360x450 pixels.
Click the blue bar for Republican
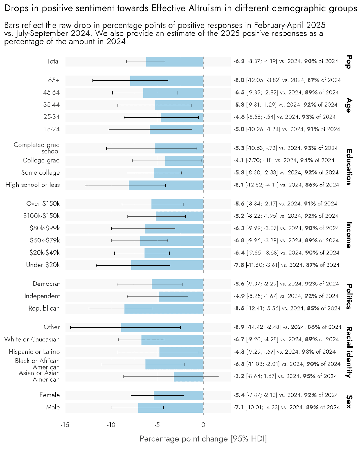point(164,309)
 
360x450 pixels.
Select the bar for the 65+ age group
point(166,80)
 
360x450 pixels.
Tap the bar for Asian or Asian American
point(188,376)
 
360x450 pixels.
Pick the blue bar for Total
point(175,62)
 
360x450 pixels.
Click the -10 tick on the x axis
point(111,425)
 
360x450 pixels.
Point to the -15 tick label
point(65,425)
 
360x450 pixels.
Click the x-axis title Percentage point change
point(203,439)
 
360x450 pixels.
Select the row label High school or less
point(33,185)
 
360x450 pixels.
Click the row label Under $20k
point(43,265)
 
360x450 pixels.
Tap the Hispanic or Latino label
point(34,352)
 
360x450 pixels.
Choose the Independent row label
point(42,296)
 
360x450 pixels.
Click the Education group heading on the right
point(349,166)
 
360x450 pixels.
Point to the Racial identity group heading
point(349,352)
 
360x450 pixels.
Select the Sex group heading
point(349,401)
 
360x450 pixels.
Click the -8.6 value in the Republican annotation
point(239,308)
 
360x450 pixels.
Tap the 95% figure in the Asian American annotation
point(309,376)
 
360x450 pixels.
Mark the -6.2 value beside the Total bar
point(239,61)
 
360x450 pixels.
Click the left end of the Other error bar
point(71,327)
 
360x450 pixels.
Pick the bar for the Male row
point(171,408)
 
